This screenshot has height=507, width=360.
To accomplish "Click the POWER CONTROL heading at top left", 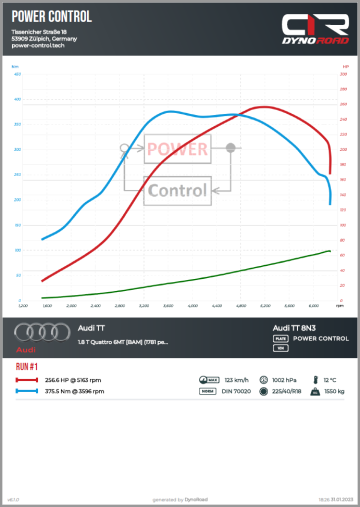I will [x=51, y=17].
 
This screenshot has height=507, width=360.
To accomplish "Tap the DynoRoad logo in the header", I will [x=314, y=29].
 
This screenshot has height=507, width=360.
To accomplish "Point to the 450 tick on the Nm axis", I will [x=17, y=74].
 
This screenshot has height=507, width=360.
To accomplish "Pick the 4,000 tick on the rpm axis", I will [x=192, y=305].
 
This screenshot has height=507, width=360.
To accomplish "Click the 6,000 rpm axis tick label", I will [x=313, y=305].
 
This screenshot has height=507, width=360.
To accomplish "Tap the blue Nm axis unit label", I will [x=15, y=66].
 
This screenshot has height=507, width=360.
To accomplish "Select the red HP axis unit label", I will [x=345, y=66].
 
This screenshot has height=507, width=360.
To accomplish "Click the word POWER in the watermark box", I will [x=177, y=149].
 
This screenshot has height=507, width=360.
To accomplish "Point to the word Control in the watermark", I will [x=177, y=190].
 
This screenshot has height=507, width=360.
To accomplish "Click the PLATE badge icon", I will [x=280, y=338].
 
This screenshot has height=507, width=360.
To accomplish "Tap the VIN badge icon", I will [x=280, y=348].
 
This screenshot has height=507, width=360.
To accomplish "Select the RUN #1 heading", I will [x=27, y=367].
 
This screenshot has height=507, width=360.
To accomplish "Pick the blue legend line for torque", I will [x=27, y=391].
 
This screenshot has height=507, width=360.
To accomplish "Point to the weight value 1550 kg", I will [x=334, y=391].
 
